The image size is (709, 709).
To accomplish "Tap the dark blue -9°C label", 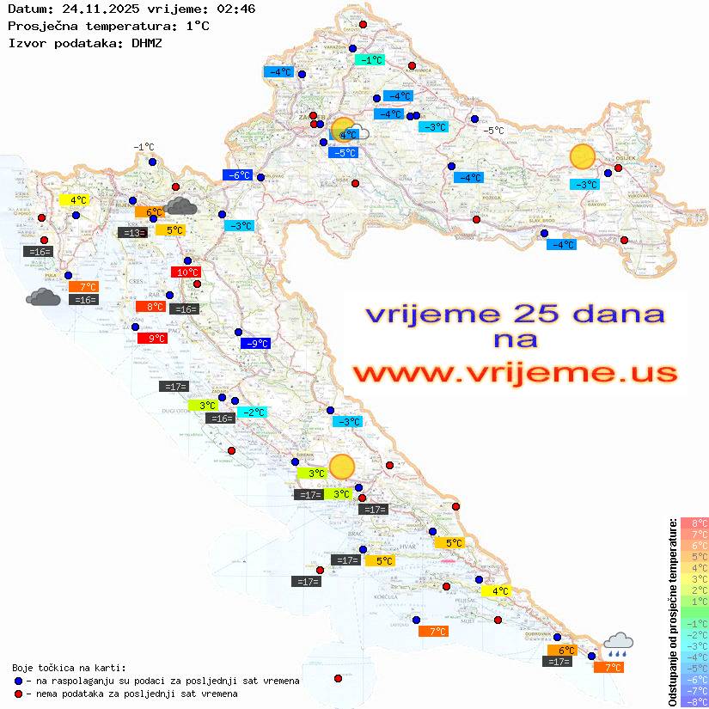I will (x=255, y=344).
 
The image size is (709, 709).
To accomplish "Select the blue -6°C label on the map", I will (x=237, y=175).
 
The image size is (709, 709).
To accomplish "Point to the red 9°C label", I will (x=152, y=339).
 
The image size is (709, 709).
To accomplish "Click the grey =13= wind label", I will (x=131, y=232).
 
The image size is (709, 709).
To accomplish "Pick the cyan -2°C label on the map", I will (x=252, y=413).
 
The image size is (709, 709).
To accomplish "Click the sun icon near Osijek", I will (x=583, y=157).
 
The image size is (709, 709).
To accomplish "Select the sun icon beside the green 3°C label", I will (x=341, y=467).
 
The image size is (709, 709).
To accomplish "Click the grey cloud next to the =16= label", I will (x=43, y=297).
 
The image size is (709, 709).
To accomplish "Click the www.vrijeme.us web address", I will (x=515, y=374).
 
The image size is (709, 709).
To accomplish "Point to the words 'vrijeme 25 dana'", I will (x=515, y=314).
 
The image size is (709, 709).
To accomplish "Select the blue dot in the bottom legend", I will (x=18, y=681).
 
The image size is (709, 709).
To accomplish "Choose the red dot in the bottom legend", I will (x=18, y=694).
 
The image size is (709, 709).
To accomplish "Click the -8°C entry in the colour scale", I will (x=694, y=701).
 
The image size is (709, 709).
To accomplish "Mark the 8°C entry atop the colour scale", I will (x=694, y=523).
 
